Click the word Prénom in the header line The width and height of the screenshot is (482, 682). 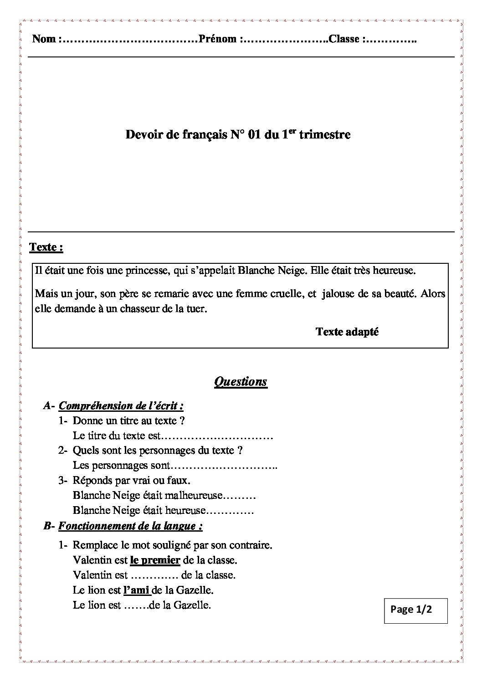217,39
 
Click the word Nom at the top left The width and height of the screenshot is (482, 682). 44,39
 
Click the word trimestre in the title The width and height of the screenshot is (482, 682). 325,135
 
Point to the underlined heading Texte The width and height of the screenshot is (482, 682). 46,247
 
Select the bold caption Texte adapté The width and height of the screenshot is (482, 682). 347,332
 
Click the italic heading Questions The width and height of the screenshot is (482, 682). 241,381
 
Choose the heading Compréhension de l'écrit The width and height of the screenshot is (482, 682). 121,405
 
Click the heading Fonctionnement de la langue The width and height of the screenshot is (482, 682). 130,526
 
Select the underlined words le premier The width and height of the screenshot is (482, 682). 155,560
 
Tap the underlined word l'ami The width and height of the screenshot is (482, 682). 137,590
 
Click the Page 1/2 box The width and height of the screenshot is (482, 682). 416,610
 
